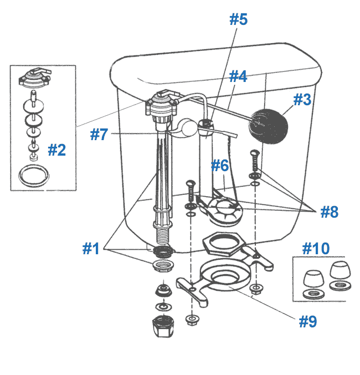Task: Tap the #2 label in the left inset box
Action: (x=56, y=150)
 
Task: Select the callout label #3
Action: (x=302, y=100)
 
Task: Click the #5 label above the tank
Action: (x=238, y=20)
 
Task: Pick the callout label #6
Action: (x=220, y=165)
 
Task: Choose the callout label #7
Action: (x=99, y=135)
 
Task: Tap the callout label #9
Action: (x=308, y=322)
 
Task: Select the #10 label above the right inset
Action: (x=316, y=248)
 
